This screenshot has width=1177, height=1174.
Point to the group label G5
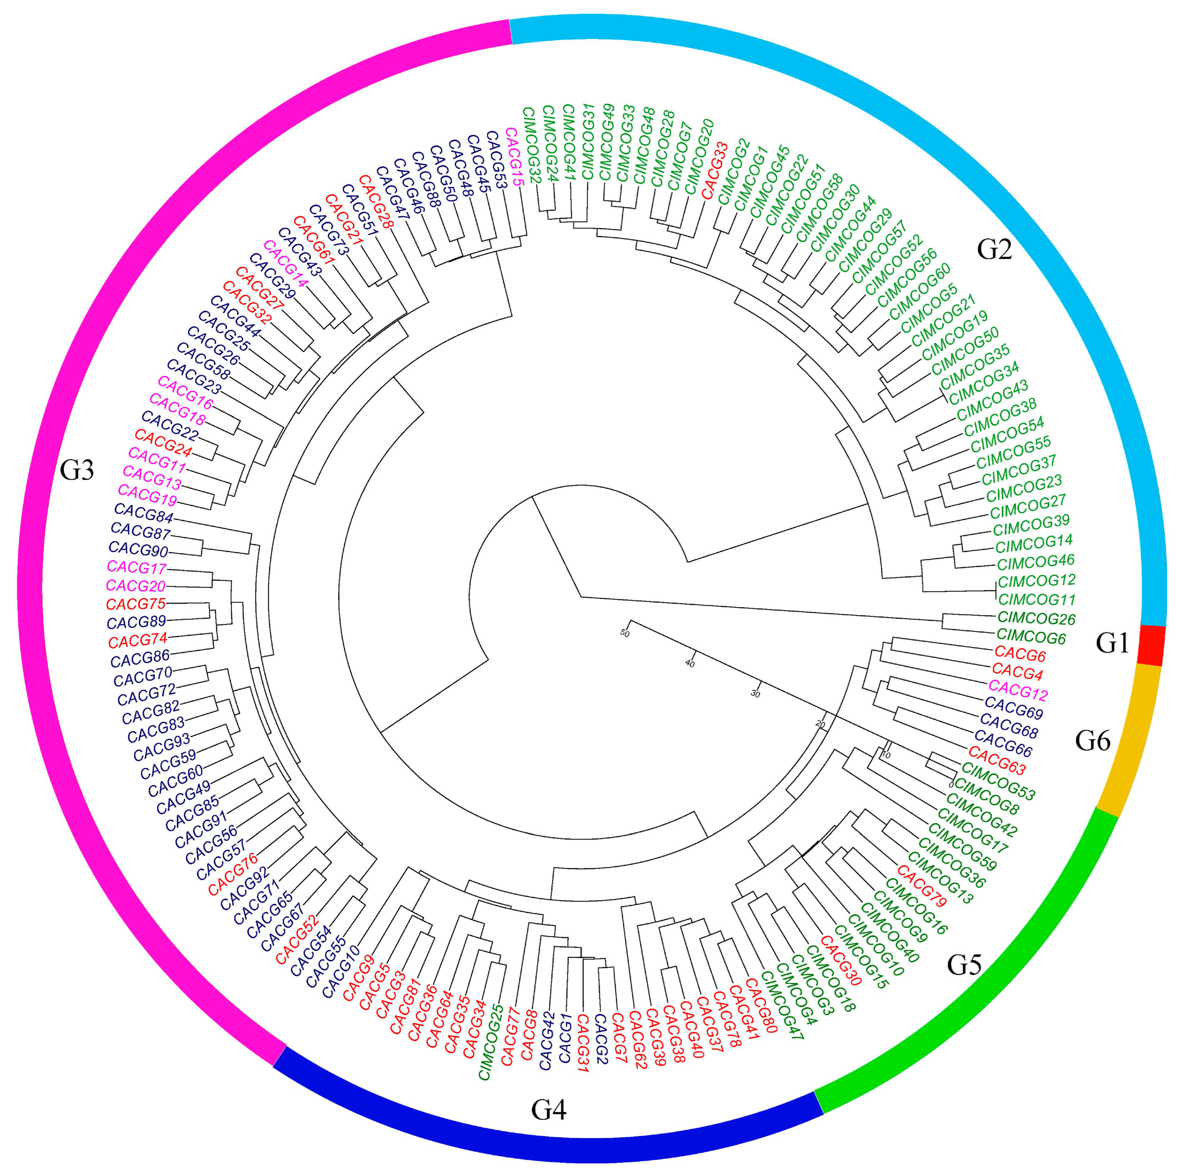tap(965, 965)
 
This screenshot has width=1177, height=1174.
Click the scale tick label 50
tap(624, 633)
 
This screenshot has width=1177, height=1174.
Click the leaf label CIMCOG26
tap(1036, 619)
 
